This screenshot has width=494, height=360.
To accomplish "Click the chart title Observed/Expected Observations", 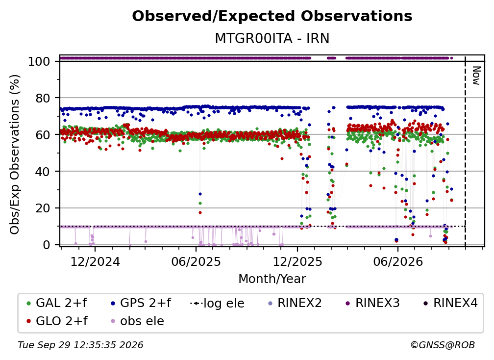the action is click(x=272, y=16).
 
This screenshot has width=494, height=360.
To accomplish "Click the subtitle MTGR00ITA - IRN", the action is click(x=272, y=38).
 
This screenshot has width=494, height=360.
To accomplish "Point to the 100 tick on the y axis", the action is click(x=39, y=61).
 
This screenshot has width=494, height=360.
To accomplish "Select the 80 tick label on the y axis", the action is click(x=43, y=98).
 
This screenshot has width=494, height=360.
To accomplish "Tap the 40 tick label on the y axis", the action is click(x=43, y=172).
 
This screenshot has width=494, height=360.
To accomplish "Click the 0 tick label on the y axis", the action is click(x=46, y=245).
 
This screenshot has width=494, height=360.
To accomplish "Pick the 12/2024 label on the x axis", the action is click(x=95, y=261).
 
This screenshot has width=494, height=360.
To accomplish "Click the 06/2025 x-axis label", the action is click(x=196, y=261).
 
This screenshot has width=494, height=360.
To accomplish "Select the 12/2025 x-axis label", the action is click(x=297, y=261).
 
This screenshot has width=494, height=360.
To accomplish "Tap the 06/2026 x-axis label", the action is click(x=398, y=261).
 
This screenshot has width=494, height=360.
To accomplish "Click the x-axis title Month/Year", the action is click(x=272, y=279).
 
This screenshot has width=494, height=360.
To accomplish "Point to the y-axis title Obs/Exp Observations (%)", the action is click(x=15, y=154).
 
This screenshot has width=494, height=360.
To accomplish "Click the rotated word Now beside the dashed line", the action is click(x=476, y=76).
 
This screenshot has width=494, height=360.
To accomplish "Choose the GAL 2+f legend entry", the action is click(x=57, y=303).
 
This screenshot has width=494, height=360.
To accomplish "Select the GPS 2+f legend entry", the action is click(x=141, y=303).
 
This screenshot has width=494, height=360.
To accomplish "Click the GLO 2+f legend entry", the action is click(x=57, y=321).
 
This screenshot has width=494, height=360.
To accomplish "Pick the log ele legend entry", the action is click(x=218, y=303).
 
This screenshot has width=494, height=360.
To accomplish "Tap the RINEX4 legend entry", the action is click(x=450, y=303).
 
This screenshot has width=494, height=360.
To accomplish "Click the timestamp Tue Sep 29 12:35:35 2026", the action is click(x=80, y=345).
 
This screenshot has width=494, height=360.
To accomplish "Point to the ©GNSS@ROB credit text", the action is click(x=443, y=345).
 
